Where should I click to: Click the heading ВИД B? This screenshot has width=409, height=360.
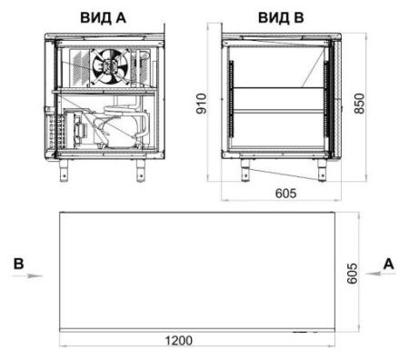coord(281,15)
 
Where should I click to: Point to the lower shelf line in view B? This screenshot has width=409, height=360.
coord(278,112)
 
